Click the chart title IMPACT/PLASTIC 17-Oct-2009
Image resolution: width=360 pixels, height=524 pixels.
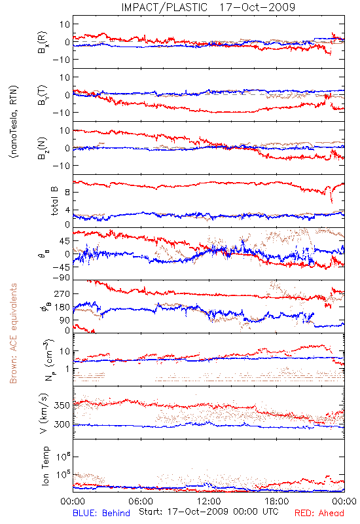coord(208,7)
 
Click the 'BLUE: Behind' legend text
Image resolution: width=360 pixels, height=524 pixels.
coord(101,513)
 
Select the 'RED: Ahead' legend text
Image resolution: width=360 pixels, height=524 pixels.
coord(319,513)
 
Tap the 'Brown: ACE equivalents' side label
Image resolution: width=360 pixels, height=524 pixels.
coord(13,333)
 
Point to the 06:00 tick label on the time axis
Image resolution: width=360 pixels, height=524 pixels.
coord(141,501)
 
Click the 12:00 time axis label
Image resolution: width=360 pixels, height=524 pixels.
coord(209,501)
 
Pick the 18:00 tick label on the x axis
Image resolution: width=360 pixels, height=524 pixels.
coord(277,501)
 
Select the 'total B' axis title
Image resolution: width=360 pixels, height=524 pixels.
coord(54,201)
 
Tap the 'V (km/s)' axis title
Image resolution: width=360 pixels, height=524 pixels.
coord(44,413)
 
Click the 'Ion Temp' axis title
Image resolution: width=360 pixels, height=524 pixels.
coord(45,466)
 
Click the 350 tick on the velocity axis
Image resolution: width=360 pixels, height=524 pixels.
coord(62,405)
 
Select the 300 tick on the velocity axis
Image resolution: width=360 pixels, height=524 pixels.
coord(62,424)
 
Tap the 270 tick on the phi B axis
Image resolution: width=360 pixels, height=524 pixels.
coord(62,293)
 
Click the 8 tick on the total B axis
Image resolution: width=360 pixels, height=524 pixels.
coord(67,192)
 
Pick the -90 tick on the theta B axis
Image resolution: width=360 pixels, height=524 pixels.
coord(61,278)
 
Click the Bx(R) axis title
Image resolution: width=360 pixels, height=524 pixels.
coord(43,43)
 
